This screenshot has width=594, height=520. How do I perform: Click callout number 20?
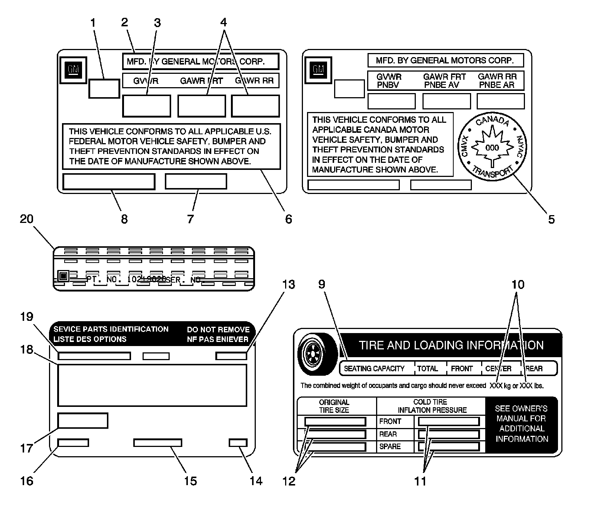coord(26,219)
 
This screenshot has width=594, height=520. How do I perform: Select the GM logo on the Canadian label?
coord(318,69)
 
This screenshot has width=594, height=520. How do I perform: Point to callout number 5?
coord(551,219)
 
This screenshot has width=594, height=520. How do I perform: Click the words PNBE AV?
coord(442,85)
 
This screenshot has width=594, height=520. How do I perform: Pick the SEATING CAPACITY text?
coord(374,369)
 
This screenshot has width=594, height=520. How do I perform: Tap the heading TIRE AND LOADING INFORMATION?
coord(451,345)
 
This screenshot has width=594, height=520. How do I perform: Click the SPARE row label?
coord(390,447)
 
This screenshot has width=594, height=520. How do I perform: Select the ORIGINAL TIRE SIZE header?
coord(334,406)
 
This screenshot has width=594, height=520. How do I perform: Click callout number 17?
coord(26,448)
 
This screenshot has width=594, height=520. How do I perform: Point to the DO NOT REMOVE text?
coord(218,329)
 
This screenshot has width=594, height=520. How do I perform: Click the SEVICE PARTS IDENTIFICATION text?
coord(111,329)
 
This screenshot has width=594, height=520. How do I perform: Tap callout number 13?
coord(288,284)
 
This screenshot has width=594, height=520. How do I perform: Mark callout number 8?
coord(124,219)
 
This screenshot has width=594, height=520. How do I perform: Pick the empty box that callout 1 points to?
coord(104,89)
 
